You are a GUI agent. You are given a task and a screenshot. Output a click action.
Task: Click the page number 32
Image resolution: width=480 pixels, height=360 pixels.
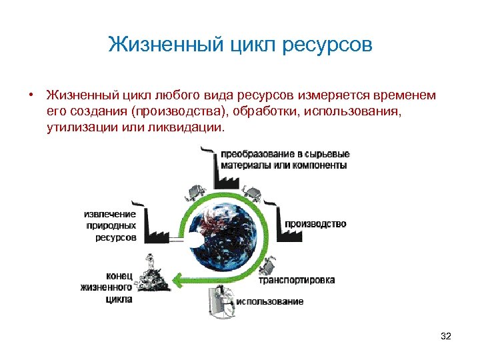click(x=446, y=337)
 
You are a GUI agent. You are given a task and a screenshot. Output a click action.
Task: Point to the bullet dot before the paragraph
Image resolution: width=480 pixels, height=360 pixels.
click(x=31, y=95)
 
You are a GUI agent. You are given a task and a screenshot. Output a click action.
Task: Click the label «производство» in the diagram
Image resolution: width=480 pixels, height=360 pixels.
click(x=315, y=225)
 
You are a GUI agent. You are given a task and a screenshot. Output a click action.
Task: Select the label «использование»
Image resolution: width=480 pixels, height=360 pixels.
click(x=269, y=301)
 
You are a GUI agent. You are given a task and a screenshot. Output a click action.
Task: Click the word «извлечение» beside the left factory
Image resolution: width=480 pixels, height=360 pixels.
click(x=110, y=214)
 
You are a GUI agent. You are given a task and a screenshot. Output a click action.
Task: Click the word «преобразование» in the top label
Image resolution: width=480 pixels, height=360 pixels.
click(x=256, y=153)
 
